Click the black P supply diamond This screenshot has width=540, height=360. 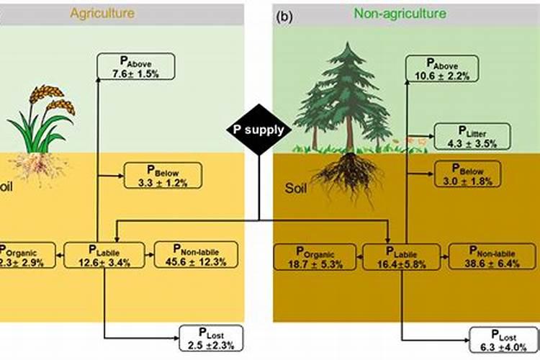click(x=258, y=130)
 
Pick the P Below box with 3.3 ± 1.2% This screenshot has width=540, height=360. click(x=163, y=176)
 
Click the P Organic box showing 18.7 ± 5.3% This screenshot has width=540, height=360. click(x=315, y=258)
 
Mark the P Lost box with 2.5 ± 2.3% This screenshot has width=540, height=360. click(x=211, y=337)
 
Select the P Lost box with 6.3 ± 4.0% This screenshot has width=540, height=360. click(x=505, y=340)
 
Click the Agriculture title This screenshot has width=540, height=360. click(x=102, y=13)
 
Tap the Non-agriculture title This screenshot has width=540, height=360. click(x=400, y=13)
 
